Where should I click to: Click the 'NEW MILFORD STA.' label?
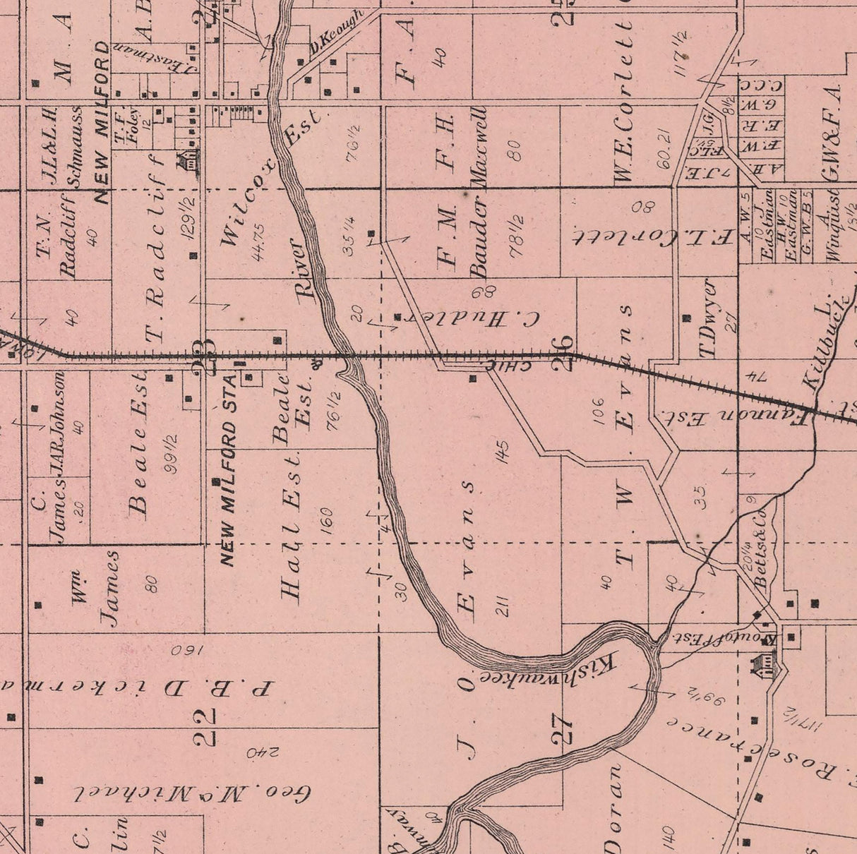click(229, 479)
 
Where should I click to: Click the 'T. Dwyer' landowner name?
click(709, 318)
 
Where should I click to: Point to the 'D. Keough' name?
click(336, 32)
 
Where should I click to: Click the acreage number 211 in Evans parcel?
click(503, 606)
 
